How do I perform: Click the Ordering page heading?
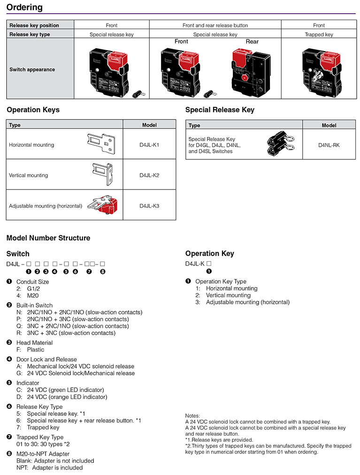24,8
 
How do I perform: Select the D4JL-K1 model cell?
149,145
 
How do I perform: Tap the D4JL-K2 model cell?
149,175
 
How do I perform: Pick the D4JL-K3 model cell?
149,206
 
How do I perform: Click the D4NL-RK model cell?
329,145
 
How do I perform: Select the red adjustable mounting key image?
105,204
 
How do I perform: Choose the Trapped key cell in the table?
319,34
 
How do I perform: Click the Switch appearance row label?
32,69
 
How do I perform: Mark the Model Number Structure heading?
48,238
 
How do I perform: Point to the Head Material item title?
34,343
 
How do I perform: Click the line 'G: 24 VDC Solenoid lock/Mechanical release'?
76,373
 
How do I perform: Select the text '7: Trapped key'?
38,427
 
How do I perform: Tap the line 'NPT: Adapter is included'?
49,467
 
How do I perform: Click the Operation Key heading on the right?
209,254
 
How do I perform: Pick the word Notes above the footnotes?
192,415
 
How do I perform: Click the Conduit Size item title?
32,282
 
